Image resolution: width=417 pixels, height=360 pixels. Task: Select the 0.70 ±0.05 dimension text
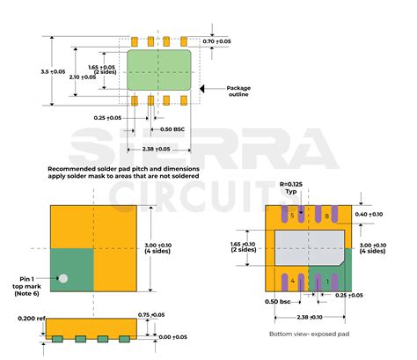pyautogui.click(x=216, y=41)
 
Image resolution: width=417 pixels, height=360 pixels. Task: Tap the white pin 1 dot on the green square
pyautogui.click(x=62, y=279)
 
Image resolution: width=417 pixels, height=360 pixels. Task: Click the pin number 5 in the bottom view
pyautogui.click(x=291, y=216)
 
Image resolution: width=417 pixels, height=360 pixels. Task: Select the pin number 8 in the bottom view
pyautogui.click(x=326, y=216)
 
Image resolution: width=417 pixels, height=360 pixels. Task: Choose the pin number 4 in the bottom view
pyautogui.click(x=291, y=282)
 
